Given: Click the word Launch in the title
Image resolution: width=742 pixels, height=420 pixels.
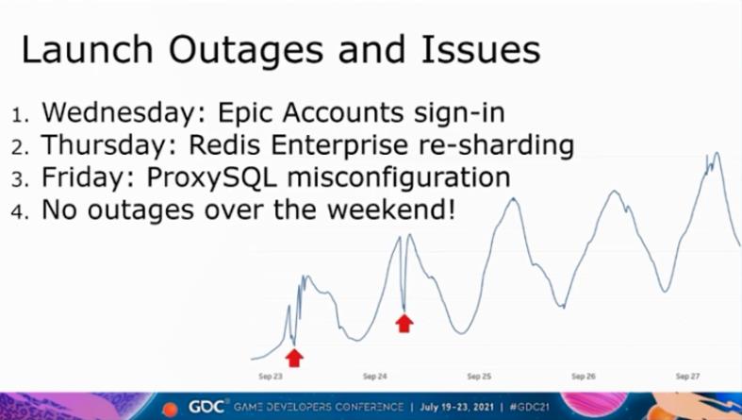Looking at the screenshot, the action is click(88, 49).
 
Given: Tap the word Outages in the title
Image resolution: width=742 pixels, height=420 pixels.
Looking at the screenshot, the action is click(246, 52).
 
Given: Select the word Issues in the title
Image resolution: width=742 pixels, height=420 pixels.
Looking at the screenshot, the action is click(480, 49).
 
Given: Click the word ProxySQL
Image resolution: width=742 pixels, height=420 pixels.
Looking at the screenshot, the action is click(211, 177).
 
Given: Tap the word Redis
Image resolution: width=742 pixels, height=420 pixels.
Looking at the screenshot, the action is click(224, 144).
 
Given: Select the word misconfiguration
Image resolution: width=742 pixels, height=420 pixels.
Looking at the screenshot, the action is click(399, 177).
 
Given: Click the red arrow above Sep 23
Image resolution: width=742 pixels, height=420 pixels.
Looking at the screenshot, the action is click(294, 358).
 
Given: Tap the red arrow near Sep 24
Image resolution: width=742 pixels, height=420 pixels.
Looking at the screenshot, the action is click(404, 324).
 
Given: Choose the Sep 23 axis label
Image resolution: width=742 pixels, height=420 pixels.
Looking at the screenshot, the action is click(271, 377).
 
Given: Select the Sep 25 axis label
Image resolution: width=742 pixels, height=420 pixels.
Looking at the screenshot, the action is click(479, 377).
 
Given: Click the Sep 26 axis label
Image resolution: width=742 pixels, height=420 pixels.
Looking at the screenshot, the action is click(583, 377).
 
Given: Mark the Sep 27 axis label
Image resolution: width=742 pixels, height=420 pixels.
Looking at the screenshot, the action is click(687, 377).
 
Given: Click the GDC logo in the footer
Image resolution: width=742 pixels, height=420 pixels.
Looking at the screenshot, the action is click(206, 407).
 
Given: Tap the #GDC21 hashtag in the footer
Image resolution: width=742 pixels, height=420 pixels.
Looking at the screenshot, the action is click(530, 407).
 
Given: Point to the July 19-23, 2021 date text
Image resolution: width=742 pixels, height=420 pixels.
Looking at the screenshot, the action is click(456, 407).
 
